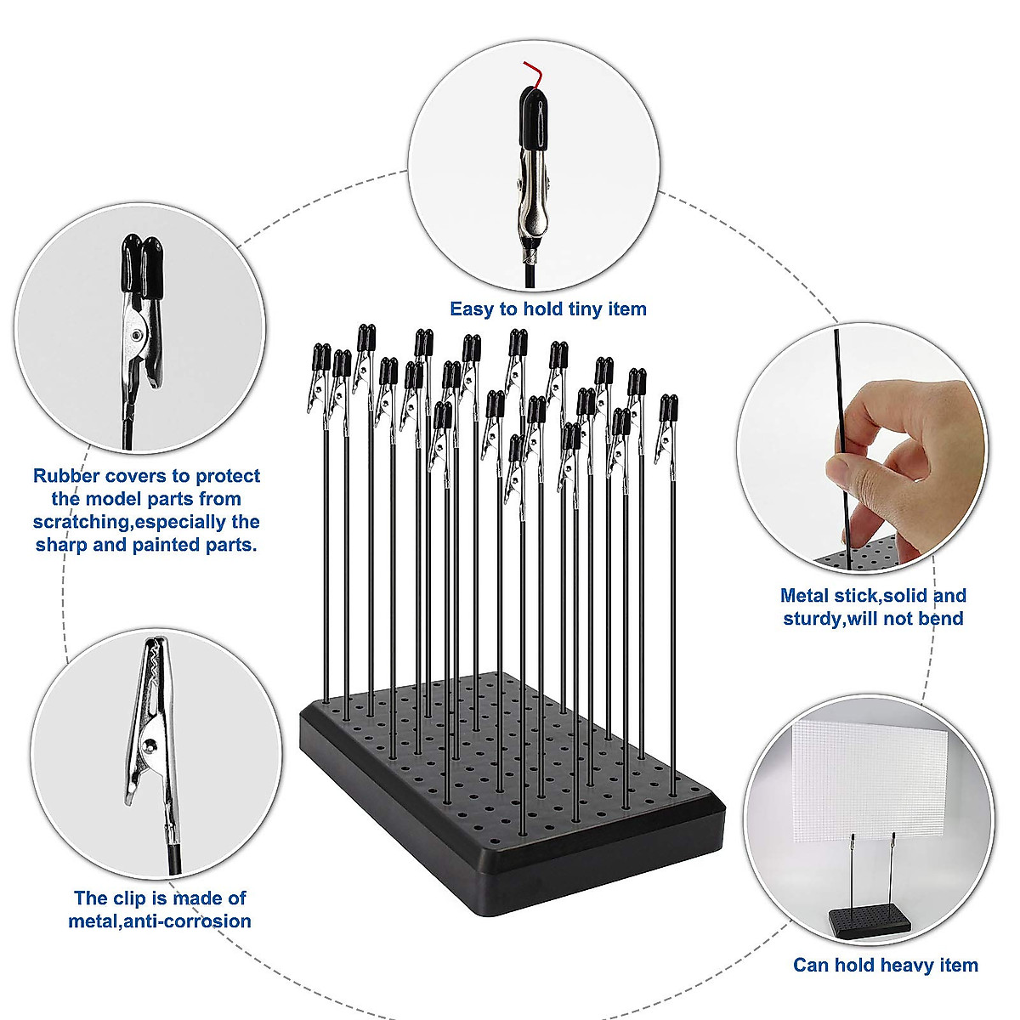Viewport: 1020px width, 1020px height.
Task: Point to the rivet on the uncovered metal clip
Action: click(150, 746)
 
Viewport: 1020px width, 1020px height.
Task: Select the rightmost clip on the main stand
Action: click(668, 425)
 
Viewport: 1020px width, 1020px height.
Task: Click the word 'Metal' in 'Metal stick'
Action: click(804, 595)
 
